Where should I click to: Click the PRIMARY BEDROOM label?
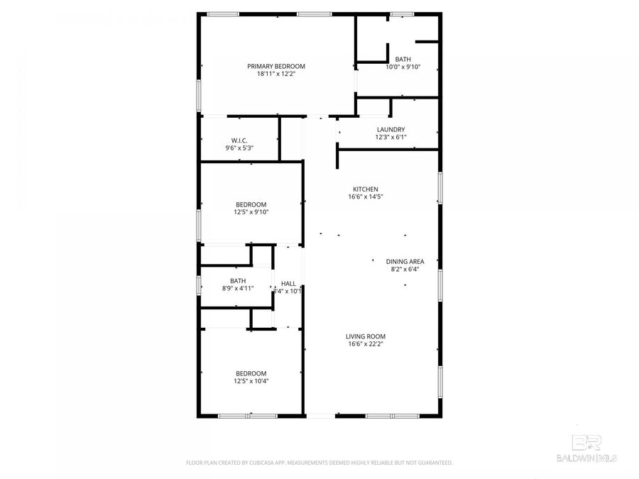pyautogui.click(x=276, y=66)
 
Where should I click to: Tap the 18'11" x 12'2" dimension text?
pyautogui.click(x=276, y=74)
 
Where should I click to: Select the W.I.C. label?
pyautogui.click(x=239, y=140)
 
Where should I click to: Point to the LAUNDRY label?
pyautogui.click(x=390, y=129)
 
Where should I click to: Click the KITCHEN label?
pyautogui.click(x=361, y=189)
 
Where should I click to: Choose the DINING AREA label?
pyautogui.click(x=405, y=261)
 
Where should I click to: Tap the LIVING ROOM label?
pyautogui.click(x=366, y=336)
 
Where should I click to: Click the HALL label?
pyautogui.click(x=288, y=283)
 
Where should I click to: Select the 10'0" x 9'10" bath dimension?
pyautogui.click(x=403, y=67)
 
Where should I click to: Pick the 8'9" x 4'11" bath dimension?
pyautogui.click(x=238, y=289)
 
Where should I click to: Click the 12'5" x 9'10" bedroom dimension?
pyautogui.click(x=251, y=211)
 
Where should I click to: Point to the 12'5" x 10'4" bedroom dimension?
pyautogui.click(x=251, y=381)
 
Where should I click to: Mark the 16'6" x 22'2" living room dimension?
pyautogui.click(x=366, y=344)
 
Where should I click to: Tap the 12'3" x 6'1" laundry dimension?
pyautogui.click(x=390, y=137)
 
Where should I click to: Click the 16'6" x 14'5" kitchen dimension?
pyautogui.click(x=361, y=197)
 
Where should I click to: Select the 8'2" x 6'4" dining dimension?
pyautogui.click(x=405, y=269)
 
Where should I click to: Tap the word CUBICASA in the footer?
pyautogui.click(x=261, y=463)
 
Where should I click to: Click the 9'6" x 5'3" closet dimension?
pyautogui.click(x=239, y=148)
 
